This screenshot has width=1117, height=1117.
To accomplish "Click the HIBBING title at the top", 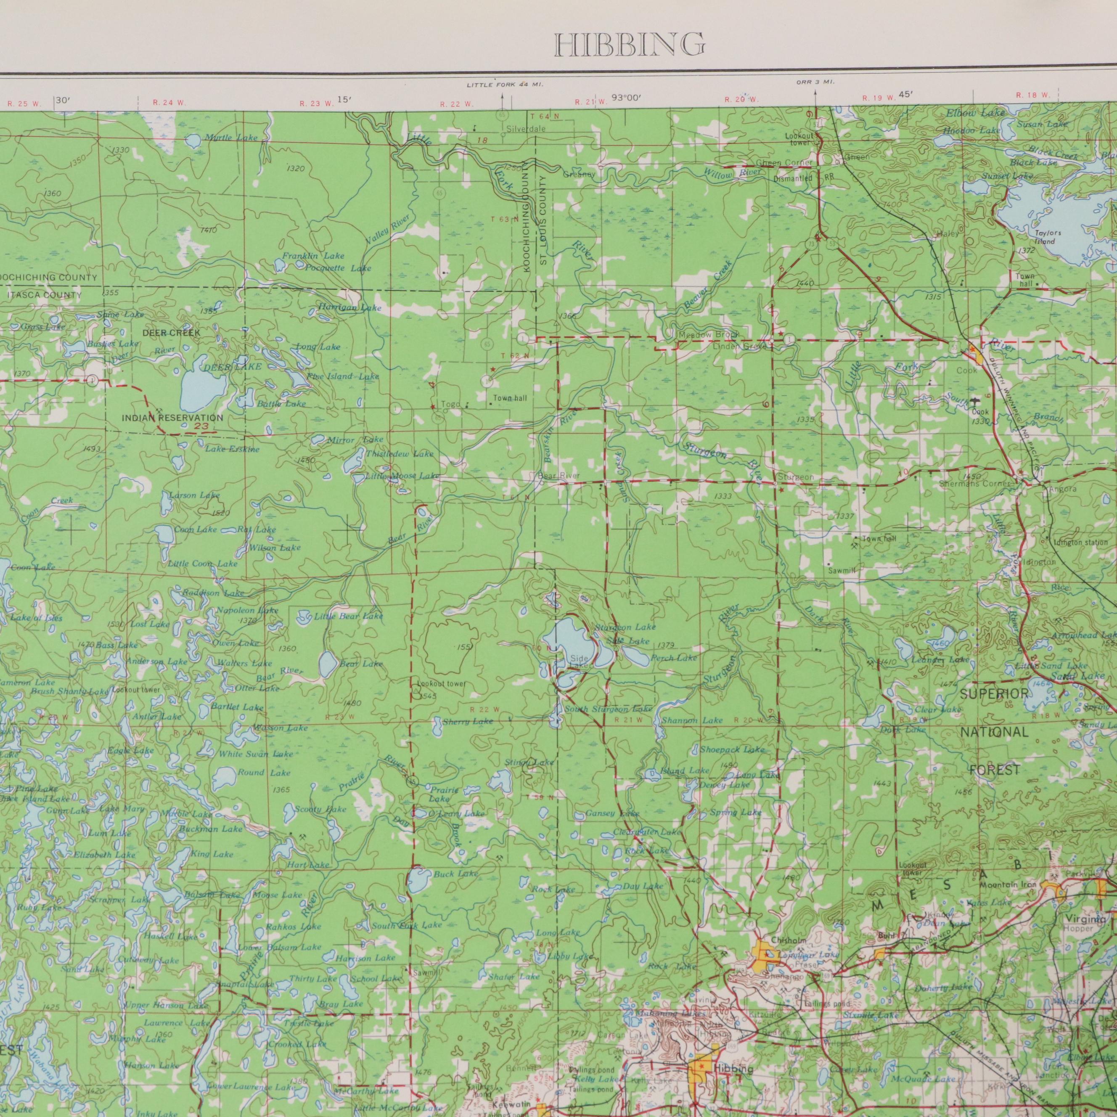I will pos(630,45).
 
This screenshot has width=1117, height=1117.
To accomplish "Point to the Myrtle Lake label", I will pos(231,138).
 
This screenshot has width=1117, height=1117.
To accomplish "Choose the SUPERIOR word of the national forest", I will pos(995,693).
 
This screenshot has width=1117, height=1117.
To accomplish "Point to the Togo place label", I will pos(451,404).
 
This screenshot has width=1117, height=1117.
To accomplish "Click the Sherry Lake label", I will pos(468,722).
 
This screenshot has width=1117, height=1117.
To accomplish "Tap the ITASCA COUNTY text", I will pos(45,296).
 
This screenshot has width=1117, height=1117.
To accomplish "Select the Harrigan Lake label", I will pos(350,308).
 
